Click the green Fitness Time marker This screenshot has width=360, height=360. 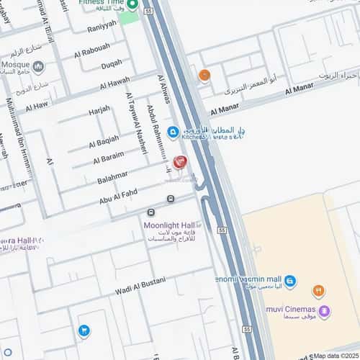click(x=132, y=5)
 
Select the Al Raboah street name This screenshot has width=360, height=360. click(x=91, y=49)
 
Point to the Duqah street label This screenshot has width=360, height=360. click(x=111, y=64)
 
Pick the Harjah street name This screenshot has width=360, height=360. click(x=99, y=109)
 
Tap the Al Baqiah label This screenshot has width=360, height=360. click(x=104, y=139)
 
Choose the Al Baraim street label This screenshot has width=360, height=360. click(x=107, y=156)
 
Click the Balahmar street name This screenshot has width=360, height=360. click(x=112, y=175)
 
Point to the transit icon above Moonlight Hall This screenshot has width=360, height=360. click(x=151, y=212)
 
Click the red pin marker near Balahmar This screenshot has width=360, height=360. click(x=180, y=162)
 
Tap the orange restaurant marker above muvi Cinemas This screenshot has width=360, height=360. click(x=318, y=291)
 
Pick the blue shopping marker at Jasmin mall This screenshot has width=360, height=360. click(x=289, y=281)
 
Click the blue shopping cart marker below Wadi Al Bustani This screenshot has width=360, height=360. click(x=84, y=330)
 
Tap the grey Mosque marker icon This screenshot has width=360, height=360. click(x=38, y=67)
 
